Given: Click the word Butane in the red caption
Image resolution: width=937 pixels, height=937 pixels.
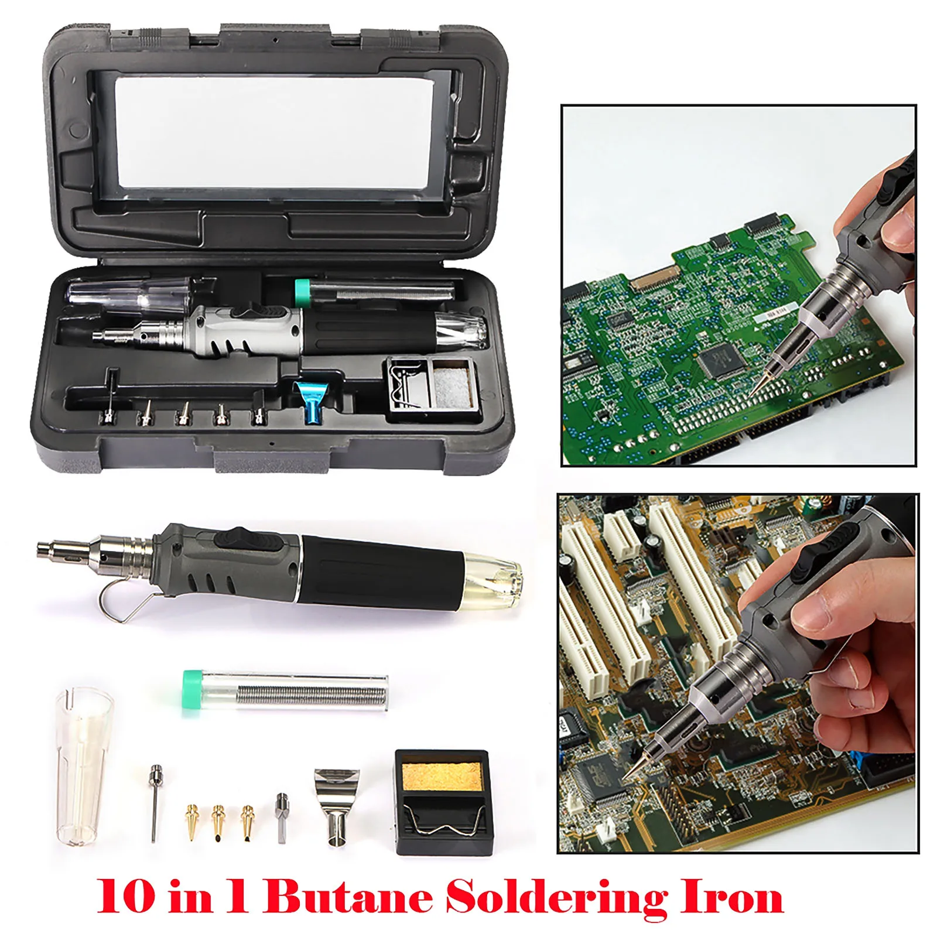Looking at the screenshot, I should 349,897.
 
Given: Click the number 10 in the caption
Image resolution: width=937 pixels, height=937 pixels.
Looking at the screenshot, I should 126,897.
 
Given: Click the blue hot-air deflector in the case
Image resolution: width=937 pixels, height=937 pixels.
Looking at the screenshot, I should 309,401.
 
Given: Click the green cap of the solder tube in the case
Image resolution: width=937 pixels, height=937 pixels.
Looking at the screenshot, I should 302,292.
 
